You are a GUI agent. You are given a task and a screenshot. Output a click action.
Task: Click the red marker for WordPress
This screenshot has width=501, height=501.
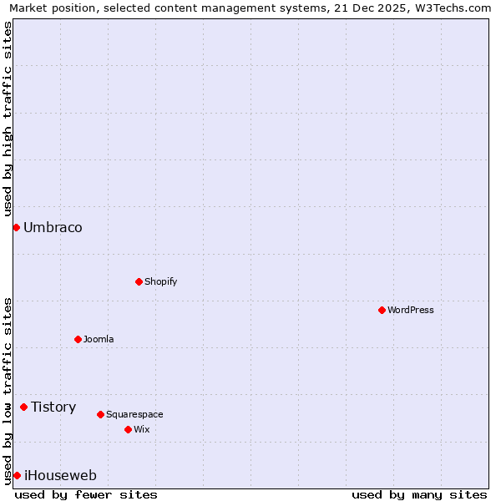pyautogui.click(x=382, y=310)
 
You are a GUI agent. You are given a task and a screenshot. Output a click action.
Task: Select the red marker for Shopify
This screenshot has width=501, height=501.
pyautogui.click(x=139, y=281)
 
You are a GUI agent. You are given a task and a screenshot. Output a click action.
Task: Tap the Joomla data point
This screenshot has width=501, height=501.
pyautogui.click(x=78, y=339)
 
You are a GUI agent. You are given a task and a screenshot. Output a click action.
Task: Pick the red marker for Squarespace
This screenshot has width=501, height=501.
pyautogui.click(x=100, y=414)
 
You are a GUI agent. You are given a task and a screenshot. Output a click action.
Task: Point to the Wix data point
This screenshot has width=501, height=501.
pyautogui.click(x=128, y=429)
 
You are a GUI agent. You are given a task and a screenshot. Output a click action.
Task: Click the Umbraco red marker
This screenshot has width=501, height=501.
pyautogui.click(x=16, y=227)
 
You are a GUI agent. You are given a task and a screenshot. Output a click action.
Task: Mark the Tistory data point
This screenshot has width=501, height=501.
pyautogui.click(x=23, y=407)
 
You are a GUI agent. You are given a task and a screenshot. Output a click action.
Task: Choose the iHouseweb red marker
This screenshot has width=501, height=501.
pyautogui.click(x=17, y=475)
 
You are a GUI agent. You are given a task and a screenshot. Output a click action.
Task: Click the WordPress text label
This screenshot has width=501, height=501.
pyautogui.click(x=410, y=310)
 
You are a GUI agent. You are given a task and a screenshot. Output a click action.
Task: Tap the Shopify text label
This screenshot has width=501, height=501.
pyautogui.click(x=160, y=281)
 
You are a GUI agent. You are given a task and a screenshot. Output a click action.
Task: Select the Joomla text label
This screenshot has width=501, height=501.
pyautogui.click(x=99, y=339)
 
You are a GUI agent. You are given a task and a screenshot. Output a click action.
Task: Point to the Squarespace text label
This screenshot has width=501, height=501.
pyautogui.click(x=134, y=414)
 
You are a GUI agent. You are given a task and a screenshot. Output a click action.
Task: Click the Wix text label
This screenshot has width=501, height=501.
pyautogui.click(x=141, y=429)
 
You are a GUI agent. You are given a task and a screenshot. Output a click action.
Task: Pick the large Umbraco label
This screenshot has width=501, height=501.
pyautogui.click(x=53, y=227)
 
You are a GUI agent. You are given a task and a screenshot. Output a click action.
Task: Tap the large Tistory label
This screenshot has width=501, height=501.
pyautogui.click(x=53, y=407)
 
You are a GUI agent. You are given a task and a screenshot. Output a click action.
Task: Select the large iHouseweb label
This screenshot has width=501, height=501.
pyautogui.click(x=60, y=475)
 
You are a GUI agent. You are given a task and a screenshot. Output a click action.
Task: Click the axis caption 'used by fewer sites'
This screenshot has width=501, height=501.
pyautogui.click(x=86, y=494)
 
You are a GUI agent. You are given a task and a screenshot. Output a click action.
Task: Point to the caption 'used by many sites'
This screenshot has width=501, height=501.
pyautogui.click(x=419, y=494)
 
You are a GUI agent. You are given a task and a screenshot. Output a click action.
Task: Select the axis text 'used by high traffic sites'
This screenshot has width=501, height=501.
pyautogui.click(x=8, y=119)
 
